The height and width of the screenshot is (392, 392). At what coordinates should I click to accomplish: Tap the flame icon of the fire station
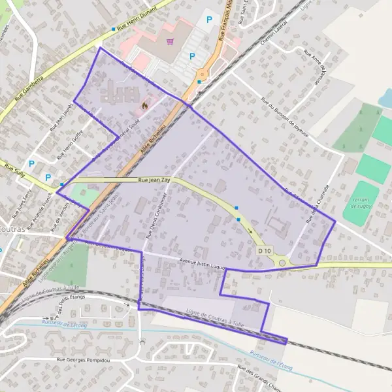(x=145, y=103)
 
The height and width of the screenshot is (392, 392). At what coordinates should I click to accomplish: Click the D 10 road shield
(x=264, y=251)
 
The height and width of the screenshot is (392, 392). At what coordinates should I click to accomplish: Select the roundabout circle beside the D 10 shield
(x=282, y=263)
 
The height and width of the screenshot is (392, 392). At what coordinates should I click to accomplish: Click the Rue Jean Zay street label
(x=154, y=179)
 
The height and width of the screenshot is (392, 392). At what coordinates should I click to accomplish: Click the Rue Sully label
(x=14, y=168)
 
